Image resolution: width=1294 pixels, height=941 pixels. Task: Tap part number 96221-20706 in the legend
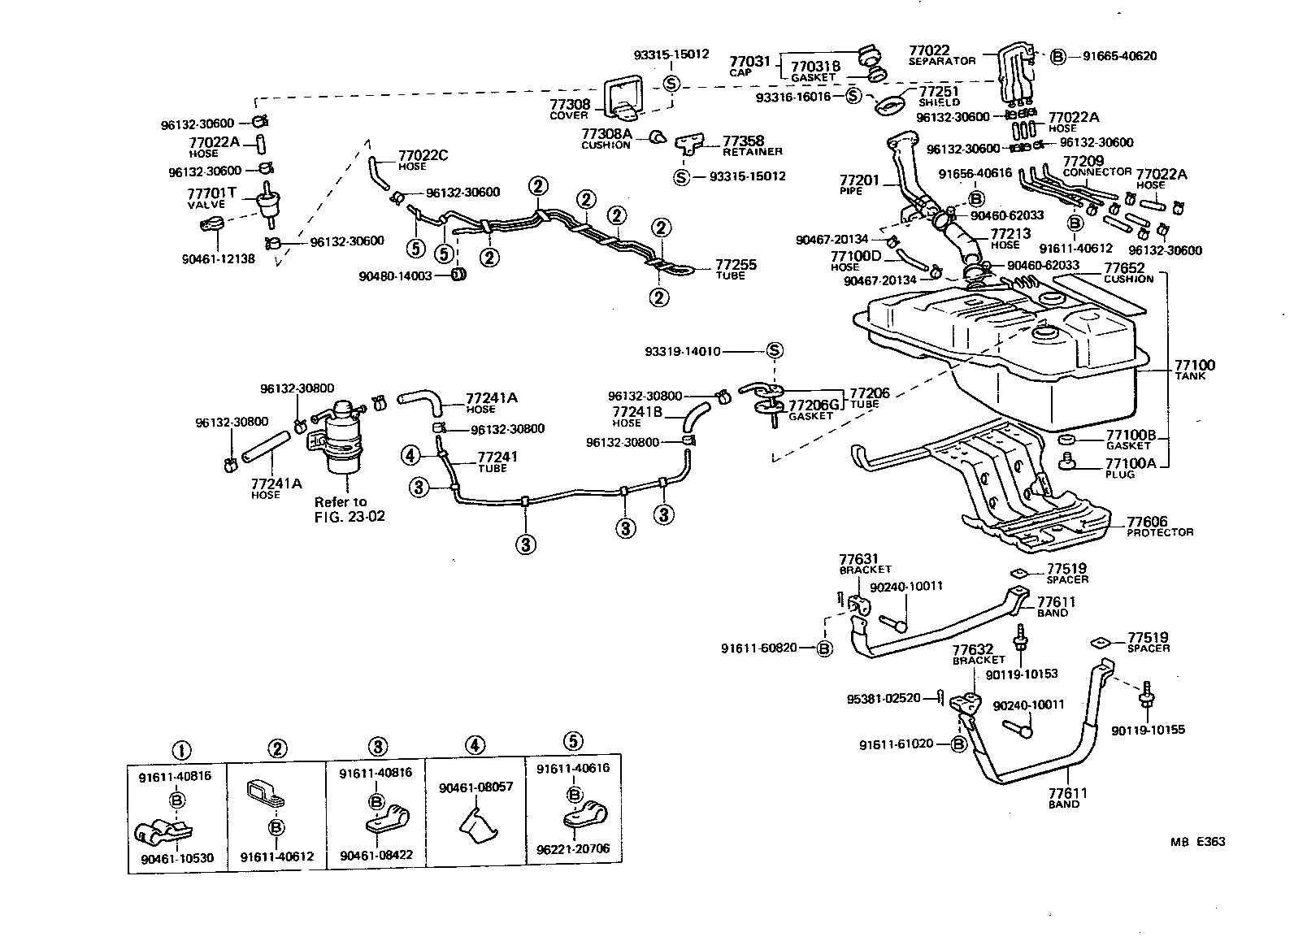pos(573,849)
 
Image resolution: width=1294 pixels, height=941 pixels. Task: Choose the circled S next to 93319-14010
pos(775,351)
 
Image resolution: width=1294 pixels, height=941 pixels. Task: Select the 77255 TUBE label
pos(736,269)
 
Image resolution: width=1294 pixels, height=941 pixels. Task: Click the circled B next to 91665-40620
pos(1057,56)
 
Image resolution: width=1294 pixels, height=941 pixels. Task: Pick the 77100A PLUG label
pos(1130,467)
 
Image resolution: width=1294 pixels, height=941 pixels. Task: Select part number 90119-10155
pos(1148,730)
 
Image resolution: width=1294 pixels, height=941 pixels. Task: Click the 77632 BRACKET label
pos(979,654)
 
